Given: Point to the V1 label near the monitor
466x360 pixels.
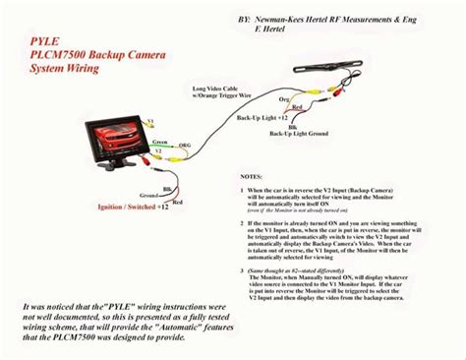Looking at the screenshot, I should coord(150,119).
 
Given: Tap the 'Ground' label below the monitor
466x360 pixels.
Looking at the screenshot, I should coord(126,195).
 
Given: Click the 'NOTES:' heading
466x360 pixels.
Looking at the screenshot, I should coord(252,176).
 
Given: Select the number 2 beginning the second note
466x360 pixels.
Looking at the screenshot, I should coord(242,223).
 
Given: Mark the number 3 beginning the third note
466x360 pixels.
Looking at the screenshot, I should coord(242,270).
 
